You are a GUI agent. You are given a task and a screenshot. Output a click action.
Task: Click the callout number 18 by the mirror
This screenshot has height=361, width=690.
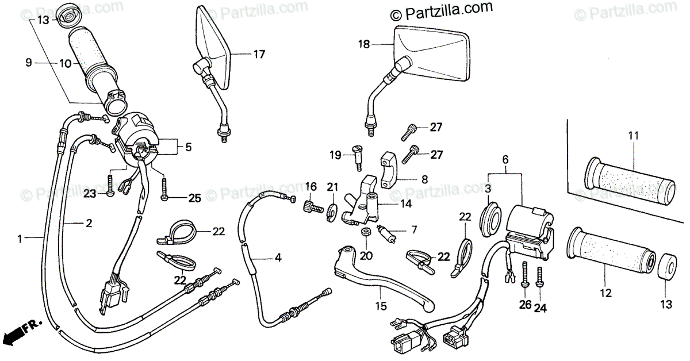coord(363,44)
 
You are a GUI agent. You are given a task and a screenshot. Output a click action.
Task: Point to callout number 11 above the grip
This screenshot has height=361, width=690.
coord(633,136)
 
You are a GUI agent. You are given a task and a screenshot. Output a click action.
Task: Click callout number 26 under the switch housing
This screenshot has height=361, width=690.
coord(524,305)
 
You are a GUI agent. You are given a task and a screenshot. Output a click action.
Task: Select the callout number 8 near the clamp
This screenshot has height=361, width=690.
coord(424,179)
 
